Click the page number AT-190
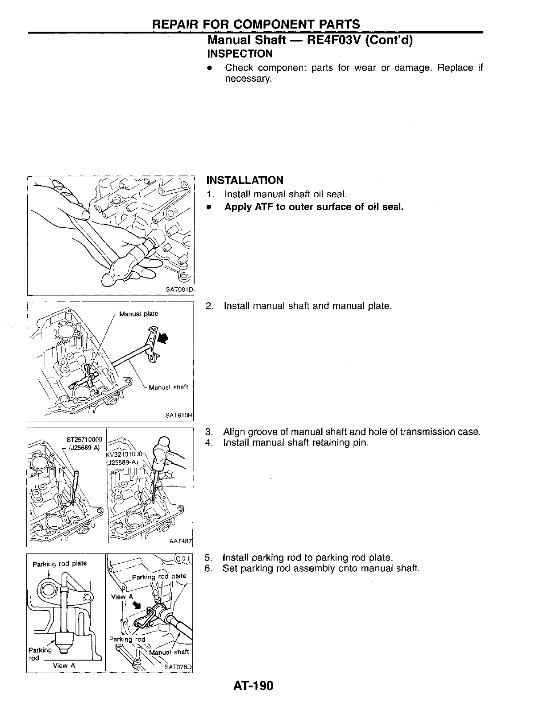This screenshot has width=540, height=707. coord(253,685)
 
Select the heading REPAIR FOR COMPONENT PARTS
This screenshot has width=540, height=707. coord(256,24)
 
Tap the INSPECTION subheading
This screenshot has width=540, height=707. coord(240,54)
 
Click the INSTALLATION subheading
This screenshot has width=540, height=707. coord(245,180)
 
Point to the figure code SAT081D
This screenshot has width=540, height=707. coord(179,289)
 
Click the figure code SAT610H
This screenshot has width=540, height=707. coord(179,415)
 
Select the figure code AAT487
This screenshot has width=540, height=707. coord(180,541)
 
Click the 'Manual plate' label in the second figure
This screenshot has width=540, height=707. coord(138,314)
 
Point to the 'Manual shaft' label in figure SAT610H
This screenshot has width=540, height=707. coord(168,387)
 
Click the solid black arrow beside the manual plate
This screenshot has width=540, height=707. coord(164,339)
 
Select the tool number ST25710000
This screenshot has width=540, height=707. coord(84,439)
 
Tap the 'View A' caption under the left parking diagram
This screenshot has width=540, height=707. coord(64,665)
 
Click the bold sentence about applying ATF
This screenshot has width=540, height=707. coord(314,207)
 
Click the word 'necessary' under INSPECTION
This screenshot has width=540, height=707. coord(248,79)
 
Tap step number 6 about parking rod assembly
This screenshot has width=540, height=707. coord(208,569)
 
